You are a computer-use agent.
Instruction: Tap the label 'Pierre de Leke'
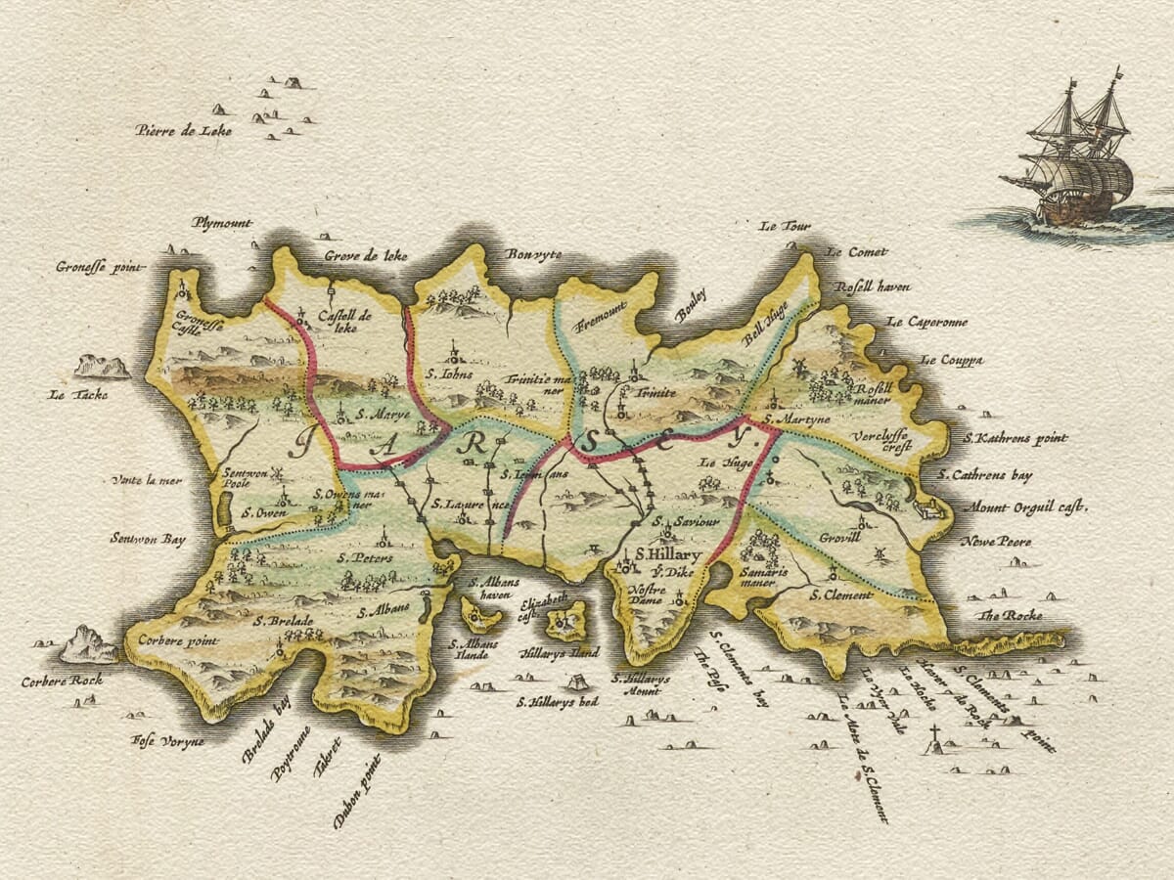tap(184, 130)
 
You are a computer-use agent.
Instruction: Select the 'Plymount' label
tap(222, 223)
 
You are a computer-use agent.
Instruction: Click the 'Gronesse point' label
tap(100, 266)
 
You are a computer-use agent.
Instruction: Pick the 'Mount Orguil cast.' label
tap(1026, 507)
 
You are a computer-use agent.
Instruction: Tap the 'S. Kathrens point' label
tap(1016, 439)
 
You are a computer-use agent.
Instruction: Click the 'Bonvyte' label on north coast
tap(533, 254)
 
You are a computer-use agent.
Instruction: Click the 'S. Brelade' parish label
tap(284, 621)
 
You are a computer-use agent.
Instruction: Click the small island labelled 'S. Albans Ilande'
tap(480, 615)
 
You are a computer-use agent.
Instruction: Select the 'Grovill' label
tap(840, 537)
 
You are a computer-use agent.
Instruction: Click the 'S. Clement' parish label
tap(840, 594)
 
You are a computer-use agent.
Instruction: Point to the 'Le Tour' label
tap(786, 226)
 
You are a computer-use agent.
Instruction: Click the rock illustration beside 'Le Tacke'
tap(102, 367)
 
